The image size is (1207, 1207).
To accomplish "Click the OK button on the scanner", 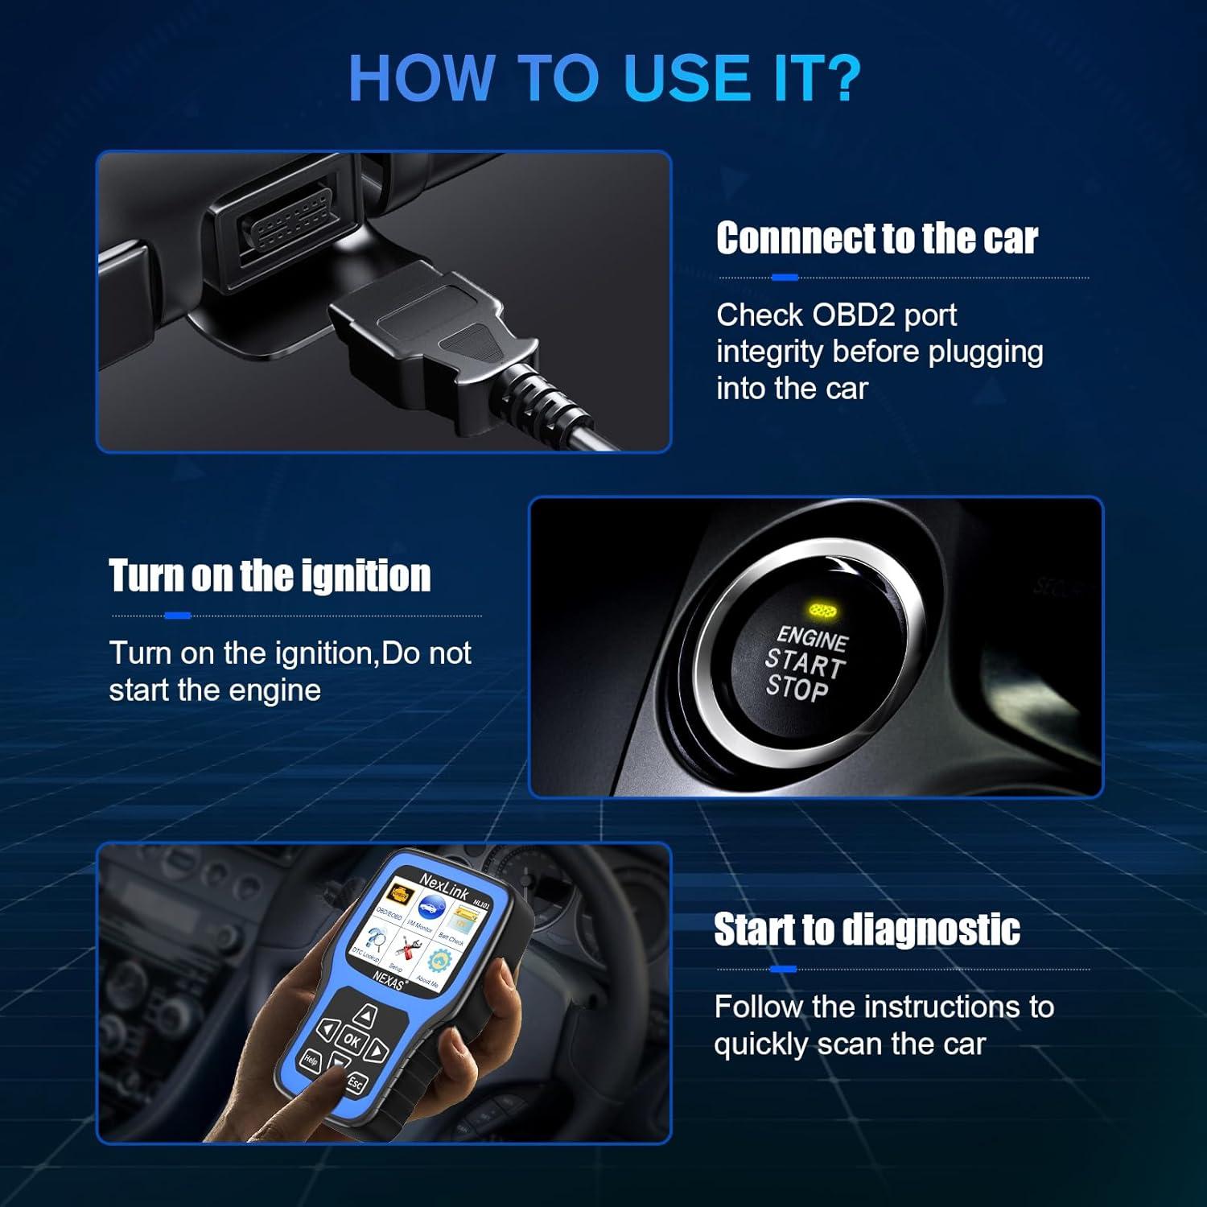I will (352, 1040).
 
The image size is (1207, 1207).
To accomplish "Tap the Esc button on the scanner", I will (355, 1083).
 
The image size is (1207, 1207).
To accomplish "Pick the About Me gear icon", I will (439, 962).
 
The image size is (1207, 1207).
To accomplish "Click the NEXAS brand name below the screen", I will (389, 979).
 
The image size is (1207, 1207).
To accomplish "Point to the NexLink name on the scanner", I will (444, 883).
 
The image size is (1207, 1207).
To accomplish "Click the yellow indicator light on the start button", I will (822, 611).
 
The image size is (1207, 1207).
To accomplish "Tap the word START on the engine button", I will (803, 663).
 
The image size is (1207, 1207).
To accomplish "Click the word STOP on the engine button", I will (796, 689).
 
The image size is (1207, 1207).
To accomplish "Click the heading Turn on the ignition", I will (270, 576).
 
